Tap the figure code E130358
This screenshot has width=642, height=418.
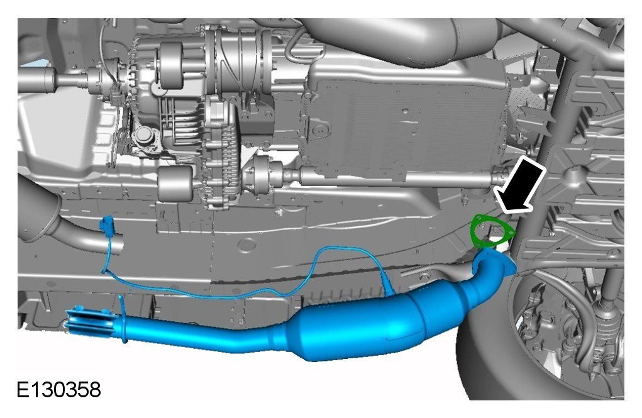click(58, 390)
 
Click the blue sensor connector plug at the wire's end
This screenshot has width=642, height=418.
click(108, 225)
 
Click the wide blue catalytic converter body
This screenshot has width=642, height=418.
click(360, 326)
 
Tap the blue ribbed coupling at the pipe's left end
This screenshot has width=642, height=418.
click(89, 321)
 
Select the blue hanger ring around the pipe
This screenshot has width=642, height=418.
click(122, 319)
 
